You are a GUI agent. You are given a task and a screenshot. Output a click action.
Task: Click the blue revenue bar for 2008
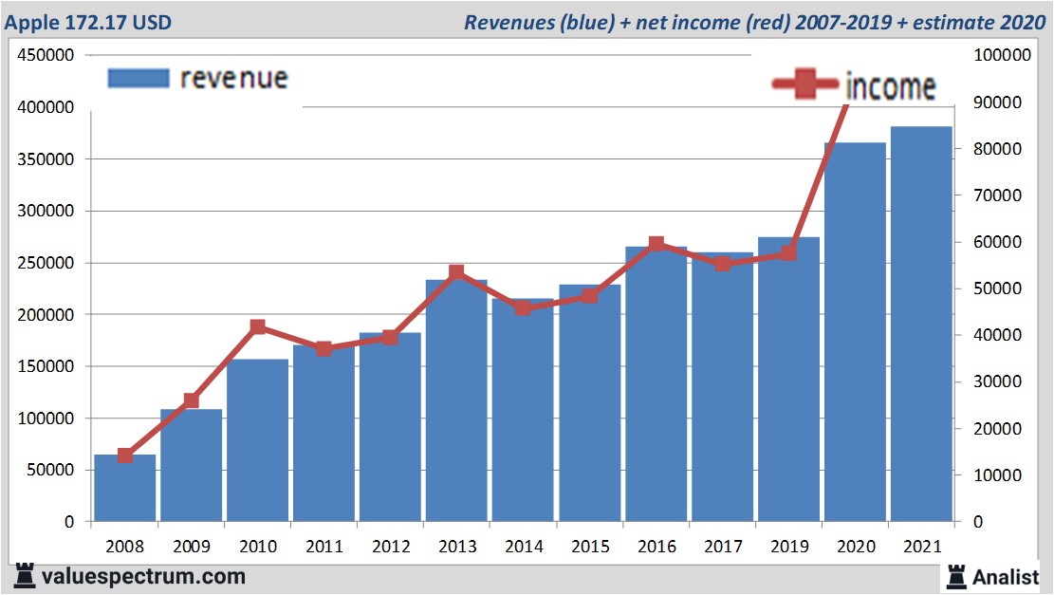(124, 488)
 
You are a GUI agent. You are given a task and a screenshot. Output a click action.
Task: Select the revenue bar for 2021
(921, 324)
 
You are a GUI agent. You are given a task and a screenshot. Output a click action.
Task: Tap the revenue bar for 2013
(456, 400)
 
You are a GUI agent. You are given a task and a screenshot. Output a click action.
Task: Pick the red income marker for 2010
(257, 327)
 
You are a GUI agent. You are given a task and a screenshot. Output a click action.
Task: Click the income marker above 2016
(656, 244)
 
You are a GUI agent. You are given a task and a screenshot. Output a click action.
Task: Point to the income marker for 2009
(191, 400)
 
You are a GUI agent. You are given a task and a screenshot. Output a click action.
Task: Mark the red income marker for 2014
(523, 307)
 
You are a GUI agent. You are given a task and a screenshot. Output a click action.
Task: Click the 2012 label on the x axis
(390, 547)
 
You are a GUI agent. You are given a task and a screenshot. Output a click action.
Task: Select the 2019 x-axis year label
(788, 547)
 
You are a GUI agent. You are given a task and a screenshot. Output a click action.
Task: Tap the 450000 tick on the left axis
(46, 56)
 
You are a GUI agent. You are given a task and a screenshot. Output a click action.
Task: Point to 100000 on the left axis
(46, 418)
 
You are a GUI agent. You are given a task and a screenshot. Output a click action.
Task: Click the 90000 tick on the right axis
(1003, 102)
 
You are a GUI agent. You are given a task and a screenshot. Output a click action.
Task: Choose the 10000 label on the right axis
(1003, 475)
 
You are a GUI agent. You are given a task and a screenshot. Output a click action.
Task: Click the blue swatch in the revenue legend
(139, 78)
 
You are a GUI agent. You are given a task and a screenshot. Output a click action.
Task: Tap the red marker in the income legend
(806, 85)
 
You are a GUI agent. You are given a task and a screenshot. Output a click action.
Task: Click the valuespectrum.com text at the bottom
(142, 576)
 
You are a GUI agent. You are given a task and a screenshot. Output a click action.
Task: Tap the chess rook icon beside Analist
(957, 576)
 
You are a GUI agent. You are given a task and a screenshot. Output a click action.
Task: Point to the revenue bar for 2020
(855, 332)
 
